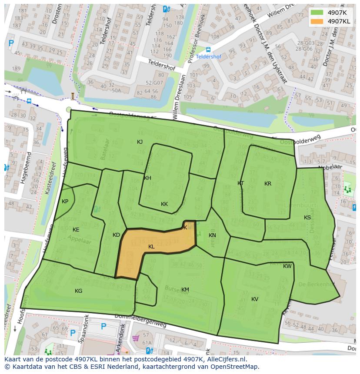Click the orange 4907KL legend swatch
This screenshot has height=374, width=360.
point(317,21)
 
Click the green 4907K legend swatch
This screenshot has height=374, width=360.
point(317,13)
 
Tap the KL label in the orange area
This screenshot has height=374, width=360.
point(151,247)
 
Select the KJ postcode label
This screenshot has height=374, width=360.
point(140,142)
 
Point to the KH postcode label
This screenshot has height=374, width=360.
point(147,178)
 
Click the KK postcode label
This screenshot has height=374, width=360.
point(164,204)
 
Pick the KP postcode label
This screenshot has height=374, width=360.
point(65,202)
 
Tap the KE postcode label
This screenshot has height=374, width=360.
point(76,230)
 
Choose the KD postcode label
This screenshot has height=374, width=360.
point(116,235)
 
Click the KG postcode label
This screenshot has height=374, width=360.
point(78,291)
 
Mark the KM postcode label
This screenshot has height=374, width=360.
point(185,290)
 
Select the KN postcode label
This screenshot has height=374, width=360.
point(212,235)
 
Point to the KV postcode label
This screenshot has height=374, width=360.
point(255,299)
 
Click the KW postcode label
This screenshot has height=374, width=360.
point(287,266)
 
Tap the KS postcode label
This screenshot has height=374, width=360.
point(307,218)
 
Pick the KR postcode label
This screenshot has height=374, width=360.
point(268,184)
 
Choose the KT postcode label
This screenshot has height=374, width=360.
point(241,183)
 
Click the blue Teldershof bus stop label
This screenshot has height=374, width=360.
point(208,56)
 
